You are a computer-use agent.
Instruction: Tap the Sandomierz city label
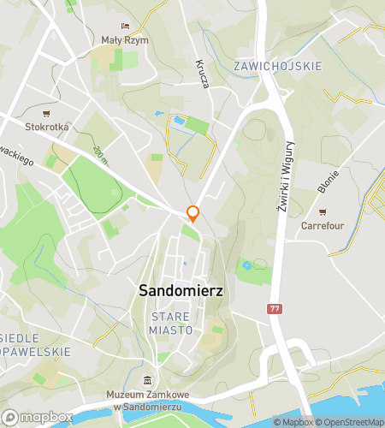tap(181, 291)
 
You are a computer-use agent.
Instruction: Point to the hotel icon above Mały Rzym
tap(125, 26)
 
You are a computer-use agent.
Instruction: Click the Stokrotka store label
tap(47, 127)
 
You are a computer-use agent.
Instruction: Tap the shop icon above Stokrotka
tap(46, 113)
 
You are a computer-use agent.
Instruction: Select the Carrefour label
tap(322, 226)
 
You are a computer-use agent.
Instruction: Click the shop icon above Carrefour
tap(323, 212)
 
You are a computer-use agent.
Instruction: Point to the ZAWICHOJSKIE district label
tap(277, 66)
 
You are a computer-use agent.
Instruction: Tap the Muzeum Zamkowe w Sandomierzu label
tap(148, 399)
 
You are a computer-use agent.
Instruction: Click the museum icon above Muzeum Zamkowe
tap(147, 380)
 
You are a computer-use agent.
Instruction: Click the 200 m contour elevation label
tap(102, 154)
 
